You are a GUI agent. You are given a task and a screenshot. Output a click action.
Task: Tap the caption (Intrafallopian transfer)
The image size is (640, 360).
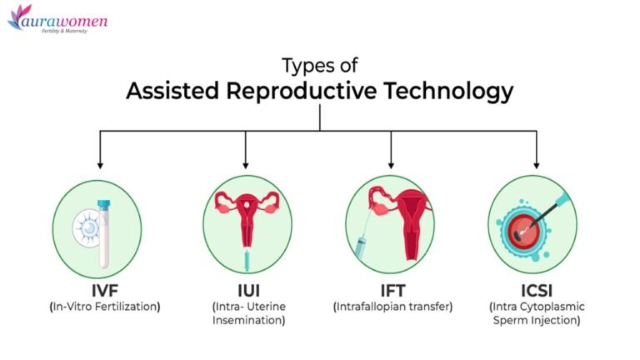(392, 307)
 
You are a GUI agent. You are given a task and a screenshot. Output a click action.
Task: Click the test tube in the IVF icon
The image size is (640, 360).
(104, 229)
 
